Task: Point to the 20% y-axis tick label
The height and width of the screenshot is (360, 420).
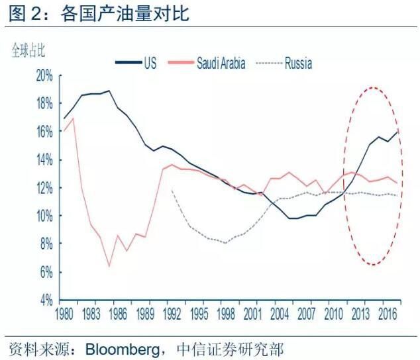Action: (x=44, y=75)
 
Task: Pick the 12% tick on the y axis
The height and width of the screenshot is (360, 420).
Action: (x=44, y=188)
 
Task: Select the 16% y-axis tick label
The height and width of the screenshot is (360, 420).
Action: (x=44, y=132)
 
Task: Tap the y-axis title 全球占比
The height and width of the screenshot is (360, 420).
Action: (x=27, y=50)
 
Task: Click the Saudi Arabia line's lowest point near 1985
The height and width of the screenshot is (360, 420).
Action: (x=109, y=266)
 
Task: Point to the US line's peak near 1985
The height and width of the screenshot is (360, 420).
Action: (x=109, y=91)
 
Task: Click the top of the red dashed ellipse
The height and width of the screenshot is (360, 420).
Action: (x=374, y=87)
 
